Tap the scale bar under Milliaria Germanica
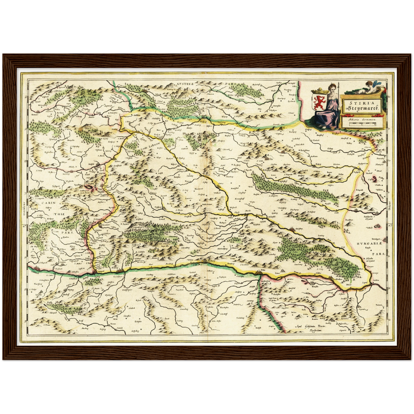363,123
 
